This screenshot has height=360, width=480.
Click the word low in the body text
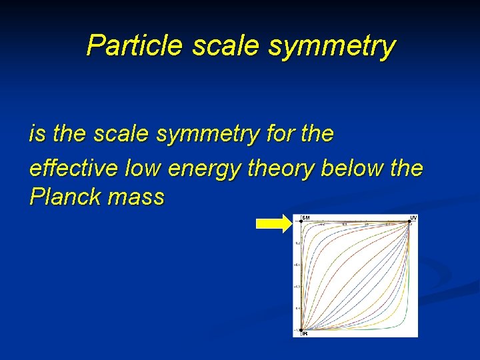click(x=143, y=169)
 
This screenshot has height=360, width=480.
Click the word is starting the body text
click(x=37, y=134)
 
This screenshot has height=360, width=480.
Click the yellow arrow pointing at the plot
click(x=273, y=225)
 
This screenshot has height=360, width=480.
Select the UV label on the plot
click(x=413, y=218)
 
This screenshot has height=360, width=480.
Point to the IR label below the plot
click(x=304, y=333)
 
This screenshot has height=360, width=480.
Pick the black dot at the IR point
click(x=301, y=329)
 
